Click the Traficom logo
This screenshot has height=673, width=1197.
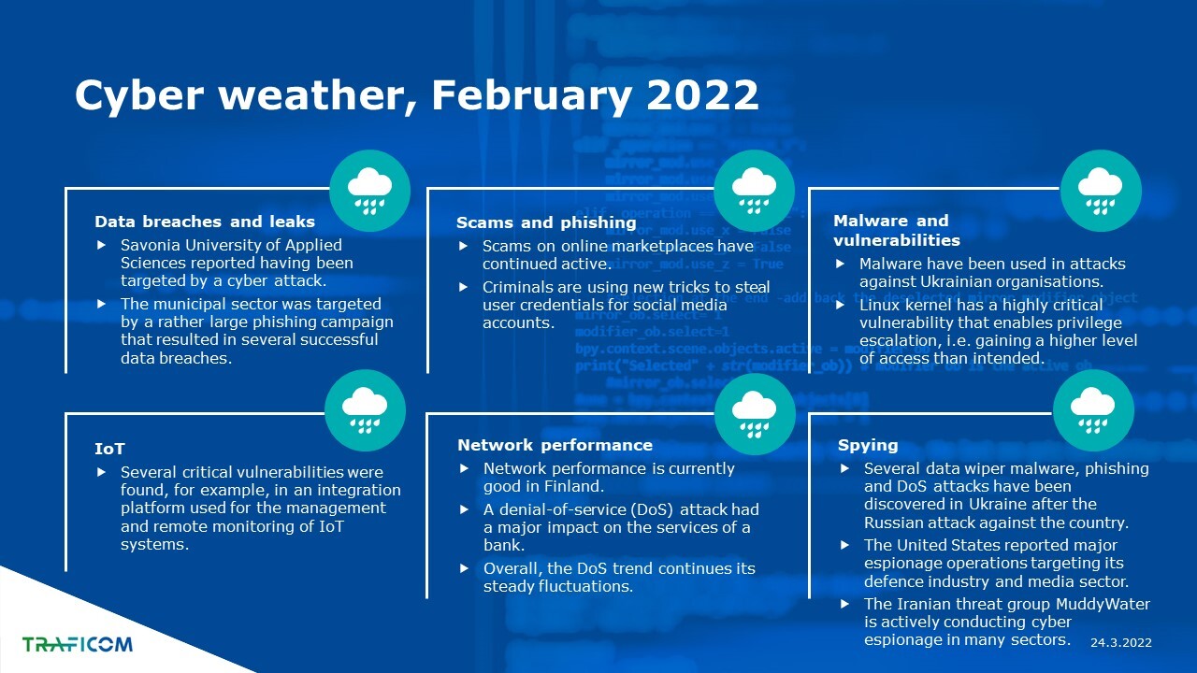coord(77,644)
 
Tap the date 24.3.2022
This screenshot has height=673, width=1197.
coord(1121,642)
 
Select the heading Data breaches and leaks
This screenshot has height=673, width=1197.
coord(205,222)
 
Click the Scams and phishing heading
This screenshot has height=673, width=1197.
coord(546,222)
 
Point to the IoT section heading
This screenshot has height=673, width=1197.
coord(109,449)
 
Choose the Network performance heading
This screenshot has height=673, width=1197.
coord(555,445)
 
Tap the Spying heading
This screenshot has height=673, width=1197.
coord(868,446)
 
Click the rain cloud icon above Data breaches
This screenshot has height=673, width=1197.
coord(369,191)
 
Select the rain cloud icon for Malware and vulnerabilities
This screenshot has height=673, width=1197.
coord(1101,191)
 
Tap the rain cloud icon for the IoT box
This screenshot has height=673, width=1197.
coord(365,410)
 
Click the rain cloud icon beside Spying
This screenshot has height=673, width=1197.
coord(1093,410)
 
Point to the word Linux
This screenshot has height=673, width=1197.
coord(878,305)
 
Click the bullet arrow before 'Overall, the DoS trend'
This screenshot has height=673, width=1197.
coord(465,568)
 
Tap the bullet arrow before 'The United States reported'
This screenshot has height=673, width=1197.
coord(844,545)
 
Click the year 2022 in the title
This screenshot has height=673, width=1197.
coord(702,94)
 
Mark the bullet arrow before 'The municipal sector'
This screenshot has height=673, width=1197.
coord(102,304)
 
